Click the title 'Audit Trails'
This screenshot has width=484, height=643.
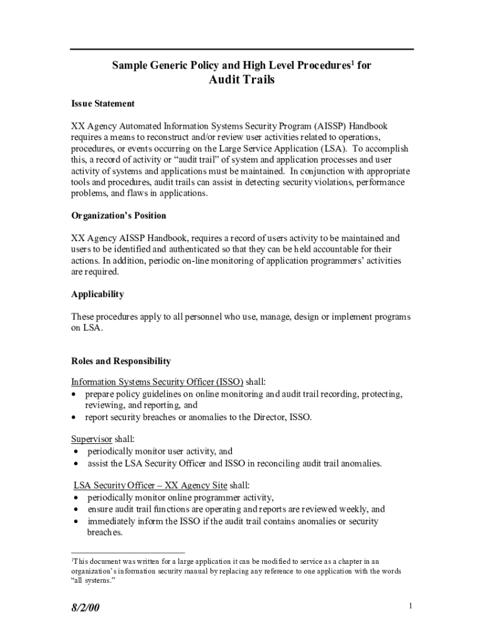[241, 80]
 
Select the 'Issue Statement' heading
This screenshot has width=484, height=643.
[102, 103]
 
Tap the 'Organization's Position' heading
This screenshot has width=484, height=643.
[118, 215]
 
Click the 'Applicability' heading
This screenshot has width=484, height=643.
[97, 294]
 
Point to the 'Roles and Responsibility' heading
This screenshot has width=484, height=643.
[121, 361]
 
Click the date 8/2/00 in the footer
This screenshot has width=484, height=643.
[85, 608]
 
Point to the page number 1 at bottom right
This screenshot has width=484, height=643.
[410, 606]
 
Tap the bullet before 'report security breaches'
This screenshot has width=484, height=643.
[74, 417]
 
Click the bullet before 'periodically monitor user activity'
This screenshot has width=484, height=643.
[76, 451]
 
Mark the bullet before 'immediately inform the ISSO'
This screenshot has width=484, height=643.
[76, 522]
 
